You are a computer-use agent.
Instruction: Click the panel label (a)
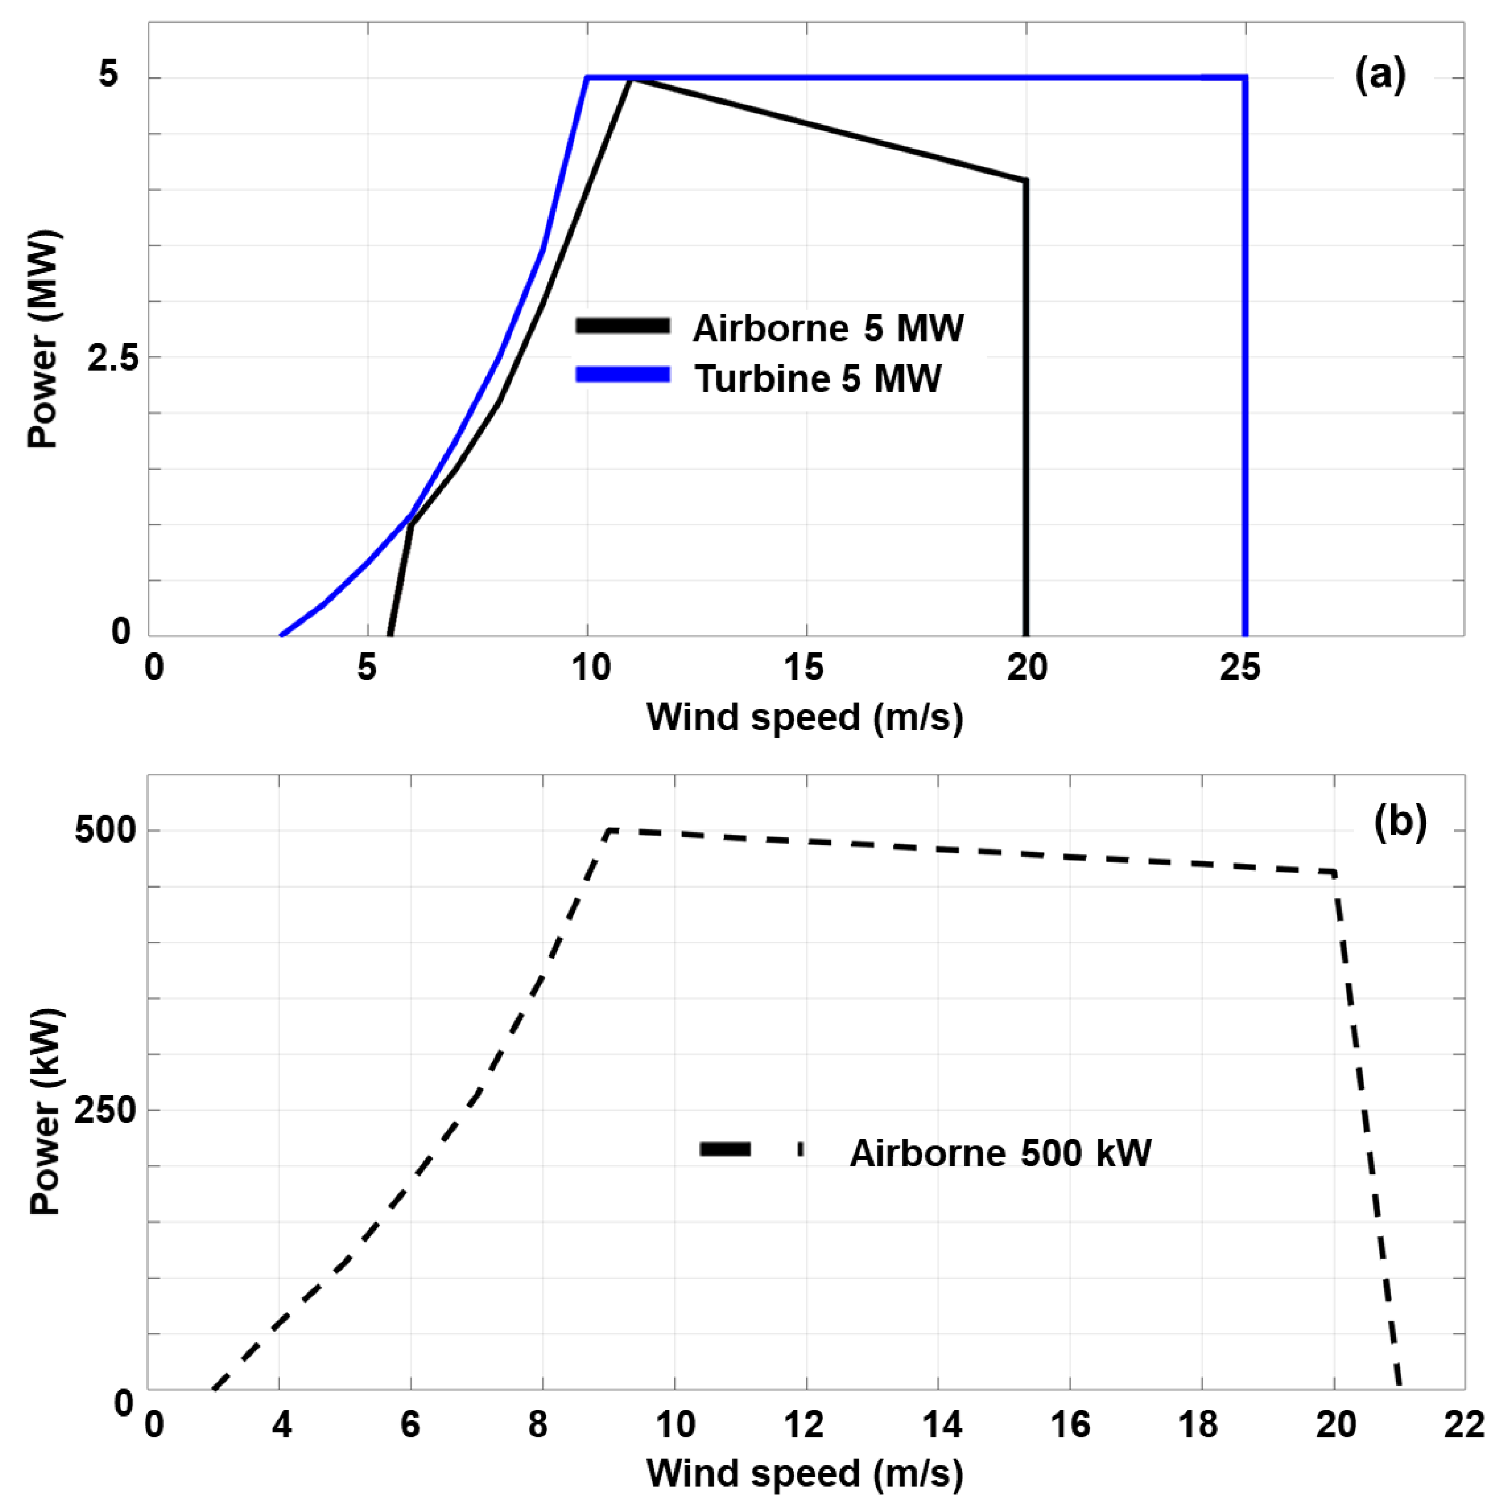pyautogui.click(x=1380, y=76)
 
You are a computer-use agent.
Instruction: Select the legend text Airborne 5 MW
pyautogui.click(x=828, y=328)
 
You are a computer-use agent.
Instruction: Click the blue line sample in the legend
pyautogui.click(x=623, y=375)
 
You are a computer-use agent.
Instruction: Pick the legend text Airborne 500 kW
pyautogui.click(x=1000, y=1153)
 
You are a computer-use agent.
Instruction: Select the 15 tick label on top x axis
pyautogui.click(x=804, y=668)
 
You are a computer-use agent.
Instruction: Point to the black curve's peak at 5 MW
pyautogui.click(x=630, y=78)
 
